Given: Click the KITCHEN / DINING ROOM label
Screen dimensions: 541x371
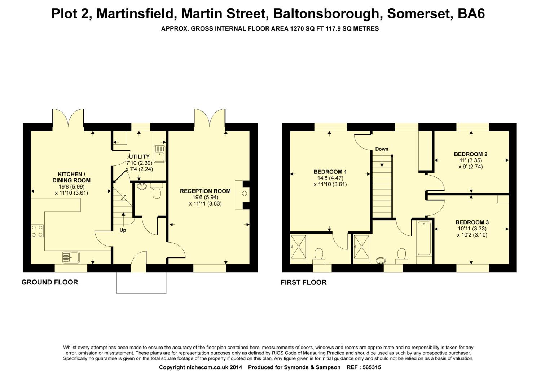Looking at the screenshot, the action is pos(71,177).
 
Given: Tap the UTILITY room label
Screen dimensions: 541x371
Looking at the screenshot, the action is pos(139,156).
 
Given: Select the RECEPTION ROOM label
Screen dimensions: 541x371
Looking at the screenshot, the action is pos(205,191).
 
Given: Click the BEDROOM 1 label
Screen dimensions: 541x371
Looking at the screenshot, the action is pos(330,172).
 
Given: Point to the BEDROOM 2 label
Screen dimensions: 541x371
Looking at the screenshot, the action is pos(471,154).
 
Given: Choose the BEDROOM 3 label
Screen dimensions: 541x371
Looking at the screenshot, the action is pos(472,222).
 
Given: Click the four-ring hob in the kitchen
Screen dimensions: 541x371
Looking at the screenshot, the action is pos(37,231).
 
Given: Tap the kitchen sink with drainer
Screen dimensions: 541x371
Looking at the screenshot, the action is pos(71,257).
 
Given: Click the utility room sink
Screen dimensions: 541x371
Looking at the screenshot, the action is pos(159,154).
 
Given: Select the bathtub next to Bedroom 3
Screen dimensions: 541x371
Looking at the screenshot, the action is pos(425,238).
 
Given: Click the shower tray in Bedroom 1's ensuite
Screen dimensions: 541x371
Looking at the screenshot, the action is pos(299,247).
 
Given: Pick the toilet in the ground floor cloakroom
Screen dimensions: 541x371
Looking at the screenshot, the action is pos(157,191).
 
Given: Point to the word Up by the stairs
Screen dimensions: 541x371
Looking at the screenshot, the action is pos(123,230).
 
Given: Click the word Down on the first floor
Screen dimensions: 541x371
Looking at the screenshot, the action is pos(382,149).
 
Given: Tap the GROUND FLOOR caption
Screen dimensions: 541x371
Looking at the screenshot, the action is pos(50,282).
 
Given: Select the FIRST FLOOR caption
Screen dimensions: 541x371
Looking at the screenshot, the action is pos(304,282).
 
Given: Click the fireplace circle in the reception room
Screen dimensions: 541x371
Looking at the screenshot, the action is pos(245,194).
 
